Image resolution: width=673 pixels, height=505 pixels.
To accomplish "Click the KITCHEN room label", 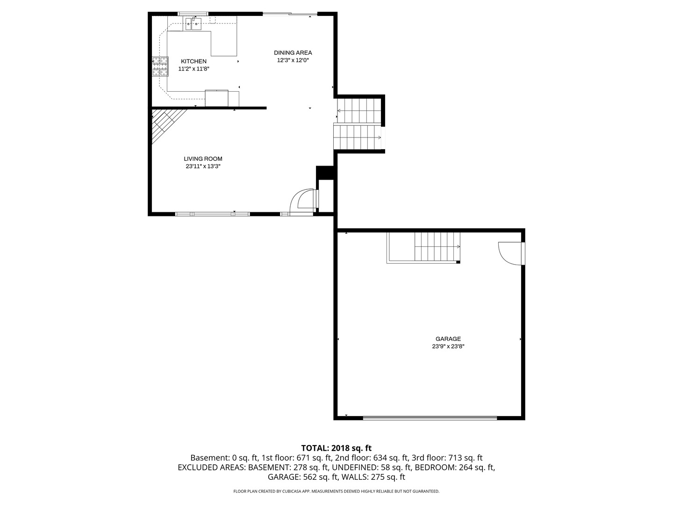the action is click(193, 61).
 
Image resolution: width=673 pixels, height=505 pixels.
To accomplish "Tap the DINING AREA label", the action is click(293, 53).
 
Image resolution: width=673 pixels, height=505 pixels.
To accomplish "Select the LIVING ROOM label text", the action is click(203, 159).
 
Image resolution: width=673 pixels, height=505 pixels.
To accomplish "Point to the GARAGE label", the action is click(448, 339).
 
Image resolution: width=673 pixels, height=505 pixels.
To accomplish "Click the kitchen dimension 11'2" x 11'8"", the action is click(194, 69).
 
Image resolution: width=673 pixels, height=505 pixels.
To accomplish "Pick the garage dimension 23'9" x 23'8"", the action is click(448, 346).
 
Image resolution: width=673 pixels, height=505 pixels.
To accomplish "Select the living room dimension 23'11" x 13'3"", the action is click(203, 166).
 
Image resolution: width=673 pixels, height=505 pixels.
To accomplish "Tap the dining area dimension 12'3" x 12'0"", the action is click(293, 60).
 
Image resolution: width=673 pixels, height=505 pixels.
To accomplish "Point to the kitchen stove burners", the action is click(160, 66).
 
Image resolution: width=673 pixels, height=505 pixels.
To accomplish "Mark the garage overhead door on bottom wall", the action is click(430, 418).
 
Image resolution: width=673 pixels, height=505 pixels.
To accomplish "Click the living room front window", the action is click(213, 214).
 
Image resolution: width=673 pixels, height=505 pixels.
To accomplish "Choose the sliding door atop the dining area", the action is click(290, 14).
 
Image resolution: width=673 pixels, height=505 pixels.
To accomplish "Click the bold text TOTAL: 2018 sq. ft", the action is click(336, 448).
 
